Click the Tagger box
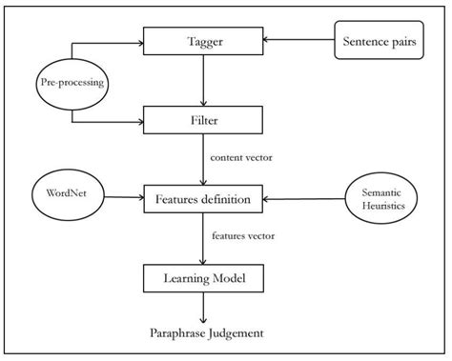(202, 40)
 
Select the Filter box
(202, 120)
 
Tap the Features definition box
(202, 199)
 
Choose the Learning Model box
(202, 279)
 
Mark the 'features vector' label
(240, 235)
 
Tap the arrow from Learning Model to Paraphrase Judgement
(202, 307)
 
